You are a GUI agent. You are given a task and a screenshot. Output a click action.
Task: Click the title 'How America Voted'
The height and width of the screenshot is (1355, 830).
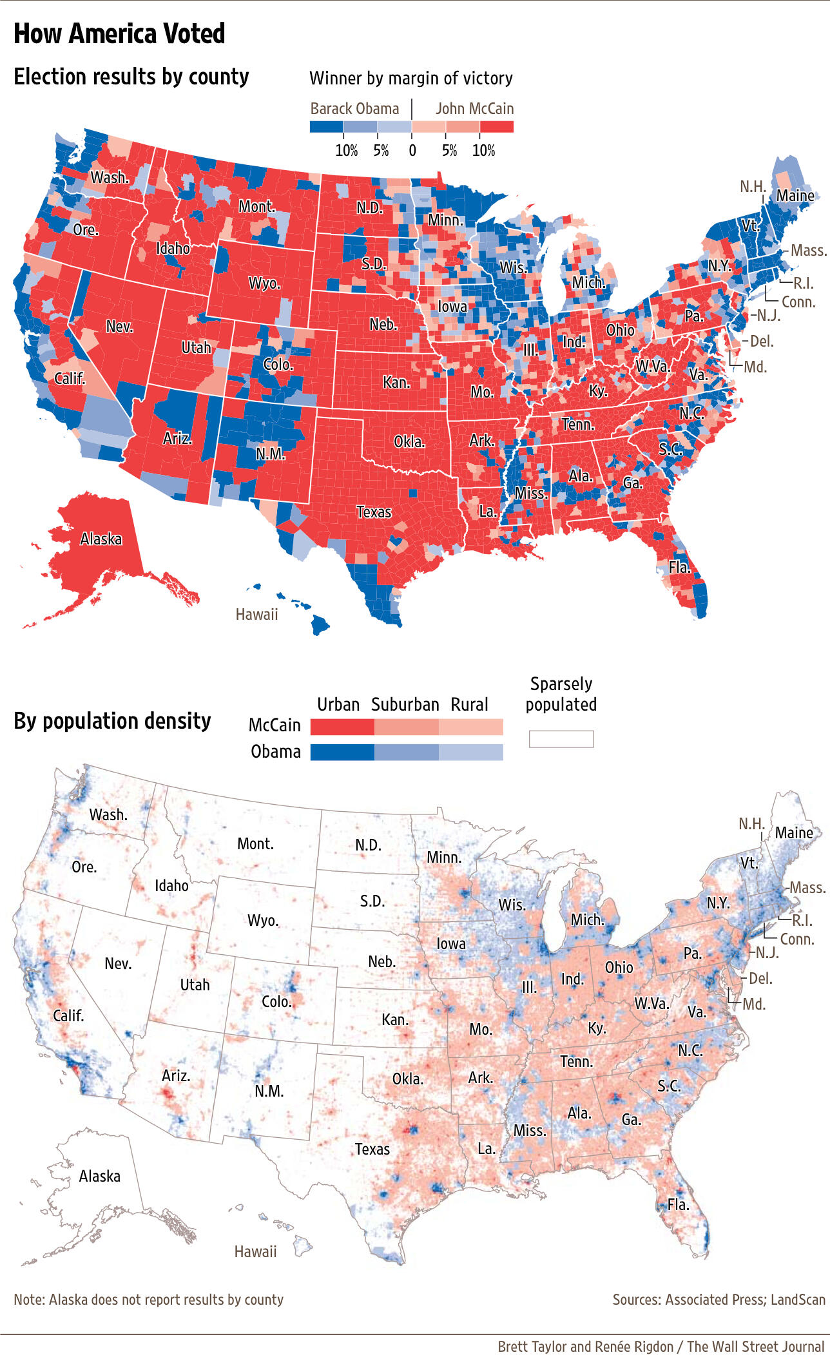pyautogui.click(x=119, y=34)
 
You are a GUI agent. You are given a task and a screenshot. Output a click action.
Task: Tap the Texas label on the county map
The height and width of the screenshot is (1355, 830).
pyautogui.click(x=374, y=512)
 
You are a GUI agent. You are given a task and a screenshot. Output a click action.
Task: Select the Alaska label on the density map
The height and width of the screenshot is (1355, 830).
pyautogui.click(x=99, y=1177)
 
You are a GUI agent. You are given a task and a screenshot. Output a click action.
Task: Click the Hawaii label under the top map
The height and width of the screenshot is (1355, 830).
pyautogui.click(x=256, y=615)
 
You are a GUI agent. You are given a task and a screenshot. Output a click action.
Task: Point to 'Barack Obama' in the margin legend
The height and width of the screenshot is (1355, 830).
pyautogui.click(x=354, y=108)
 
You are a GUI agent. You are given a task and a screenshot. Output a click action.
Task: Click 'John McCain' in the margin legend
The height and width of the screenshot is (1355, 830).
pyautogui.click(x=474, y=108)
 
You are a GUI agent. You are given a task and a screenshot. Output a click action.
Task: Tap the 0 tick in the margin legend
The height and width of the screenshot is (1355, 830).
pyautogui.click(x=412, y=151)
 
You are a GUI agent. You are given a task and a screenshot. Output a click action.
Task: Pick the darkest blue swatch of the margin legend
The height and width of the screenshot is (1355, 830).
pyautogui.click(x=326, y=127)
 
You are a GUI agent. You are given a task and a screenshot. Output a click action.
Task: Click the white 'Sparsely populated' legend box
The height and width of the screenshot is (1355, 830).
pyautogui.click(x=561, y=739)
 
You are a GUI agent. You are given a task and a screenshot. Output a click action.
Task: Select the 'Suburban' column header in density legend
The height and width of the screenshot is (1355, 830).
pyautogui.click(x=405, y=704)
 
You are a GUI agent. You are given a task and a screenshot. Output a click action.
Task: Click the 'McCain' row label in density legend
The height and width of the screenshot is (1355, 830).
pyautogui.click(x=275, y=726)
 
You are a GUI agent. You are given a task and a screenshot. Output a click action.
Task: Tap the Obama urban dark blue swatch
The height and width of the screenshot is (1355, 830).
pyautogui.click(x=342, y=753)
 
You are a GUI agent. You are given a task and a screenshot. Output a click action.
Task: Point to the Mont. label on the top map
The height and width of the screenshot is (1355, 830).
pyautogui.click(x=256, y=206)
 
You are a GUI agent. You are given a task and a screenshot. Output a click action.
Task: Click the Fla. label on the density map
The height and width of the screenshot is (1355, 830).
pyautogui.click(x=678, y=1204)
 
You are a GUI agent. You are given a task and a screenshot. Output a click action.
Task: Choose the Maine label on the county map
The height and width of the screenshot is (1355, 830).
pyautogui.click(x=795, y=195)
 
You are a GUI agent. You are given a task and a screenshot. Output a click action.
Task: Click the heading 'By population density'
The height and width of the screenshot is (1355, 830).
pyautogui.click(x=112, y=720)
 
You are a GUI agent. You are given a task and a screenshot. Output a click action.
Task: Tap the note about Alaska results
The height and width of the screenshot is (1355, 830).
pyautogui.click(x=148, y=1300)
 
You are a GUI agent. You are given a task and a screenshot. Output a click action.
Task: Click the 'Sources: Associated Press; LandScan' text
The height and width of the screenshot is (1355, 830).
pyautogui.click(x=719, y=1300)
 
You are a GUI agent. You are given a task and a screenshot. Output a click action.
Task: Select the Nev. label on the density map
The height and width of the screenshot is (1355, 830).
pyautogui.click(x=118, y=963)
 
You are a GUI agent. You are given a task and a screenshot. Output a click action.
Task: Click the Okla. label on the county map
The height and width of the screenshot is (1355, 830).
pyautogui.click(x=409, y=442)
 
